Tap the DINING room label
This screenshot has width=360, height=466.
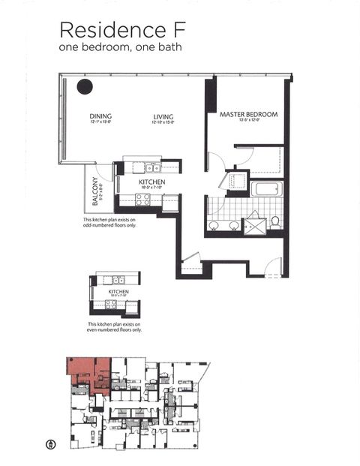[x=100, y=116]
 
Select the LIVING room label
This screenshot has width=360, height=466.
[x=163, y=116]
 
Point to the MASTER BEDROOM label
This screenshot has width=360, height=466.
[x=248, y=115]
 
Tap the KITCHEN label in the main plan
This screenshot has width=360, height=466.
[x=151, y=182]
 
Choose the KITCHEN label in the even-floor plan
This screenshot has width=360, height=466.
[x=118, y=290]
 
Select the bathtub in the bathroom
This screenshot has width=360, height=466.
[x=266, y=188]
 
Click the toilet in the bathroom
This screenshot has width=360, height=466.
[x=275, y=221]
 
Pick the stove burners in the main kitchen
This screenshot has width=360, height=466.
[x=142, y=199]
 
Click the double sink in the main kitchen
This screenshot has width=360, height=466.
[x=152, y=168]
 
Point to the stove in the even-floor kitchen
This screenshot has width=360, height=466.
[x=111, y=305]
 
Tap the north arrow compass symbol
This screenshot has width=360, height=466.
[x=50, y=443]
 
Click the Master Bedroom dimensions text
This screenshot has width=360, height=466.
[x=248, y=121]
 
